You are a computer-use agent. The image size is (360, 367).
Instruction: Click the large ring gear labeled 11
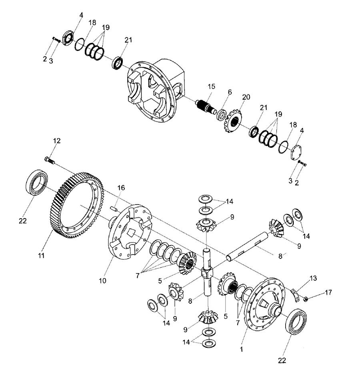click(56, 211)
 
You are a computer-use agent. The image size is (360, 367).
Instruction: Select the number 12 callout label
click(57, 140)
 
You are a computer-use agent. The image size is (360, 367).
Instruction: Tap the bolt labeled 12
click(49, 160)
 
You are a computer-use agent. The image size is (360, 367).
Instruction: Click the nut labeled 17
click(305, 299)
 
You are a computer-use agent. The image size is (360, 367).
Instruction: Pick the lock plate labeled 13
click(296, 295)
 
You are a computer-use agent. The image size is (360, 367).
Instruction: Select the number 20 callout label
click(246, 97)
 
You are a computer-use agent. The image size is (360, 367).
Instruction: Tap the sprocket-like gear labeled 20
click(233, 121)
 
